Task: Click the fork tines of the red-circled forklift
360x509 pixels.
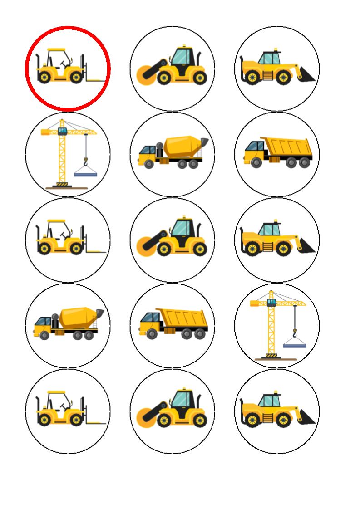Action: coord(97,80)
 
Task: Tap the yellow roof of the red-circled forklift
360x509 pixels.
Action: coord(57,49)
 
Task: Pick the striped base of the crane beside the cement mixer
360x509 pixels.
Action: coord(60,184)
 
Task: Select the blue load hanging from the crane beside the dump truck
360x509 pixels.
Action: coord(295,345)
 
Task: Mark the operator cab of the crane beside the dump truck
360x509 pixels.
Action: coord(271,303)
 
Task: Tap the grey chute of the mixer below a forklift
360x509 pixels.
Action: coord(99,313)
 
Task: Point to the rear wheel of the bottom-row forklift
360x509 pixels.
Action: coord(44,420)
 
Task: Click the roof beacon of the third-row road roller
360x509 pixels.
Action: coord(184,217)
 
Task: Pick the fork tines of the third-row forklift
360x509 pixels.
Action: coord(97,251)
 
